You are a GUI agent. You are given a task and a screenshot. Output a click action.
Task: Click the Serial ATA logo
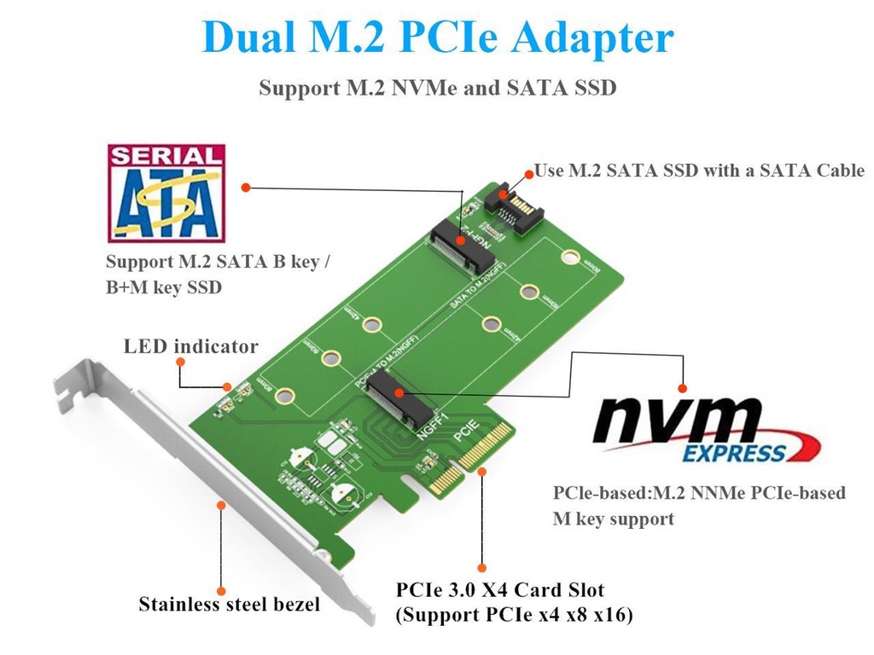[x=166, y=193]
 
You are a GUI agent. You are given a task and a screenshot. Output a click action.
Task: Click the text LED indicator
[x=190, y=346]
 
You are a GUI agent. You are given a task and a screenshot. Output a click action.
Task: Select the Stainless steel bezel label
[x=229, y=605]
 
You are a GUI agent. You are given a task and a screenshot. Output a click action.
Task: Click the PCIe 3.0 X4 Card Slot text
[x=500, y=590]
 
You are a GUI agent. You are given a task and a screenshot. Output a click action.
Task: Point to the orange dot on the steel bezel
[x=221, y=505]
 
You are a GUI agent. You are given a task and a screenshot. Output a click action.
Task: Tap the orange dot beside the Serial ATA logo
[x=245, y=187]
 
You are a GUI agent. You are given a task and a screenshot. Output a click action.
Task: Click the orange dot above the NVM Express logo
[x=682, y=384]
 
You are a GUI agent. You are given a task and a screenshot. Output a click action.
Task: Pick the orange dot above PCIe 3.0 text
[x=482, y=567]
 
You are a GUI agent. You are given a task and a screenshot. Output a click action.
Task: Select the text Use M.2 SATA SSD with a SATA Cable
[x=698, y=171]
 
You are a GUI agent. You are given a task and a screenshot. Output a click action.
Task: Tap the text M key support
[x=613, y=519]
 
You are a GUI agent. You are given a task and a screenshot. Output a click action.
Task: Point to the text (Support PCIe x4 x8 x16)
[x=514, y=615]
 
